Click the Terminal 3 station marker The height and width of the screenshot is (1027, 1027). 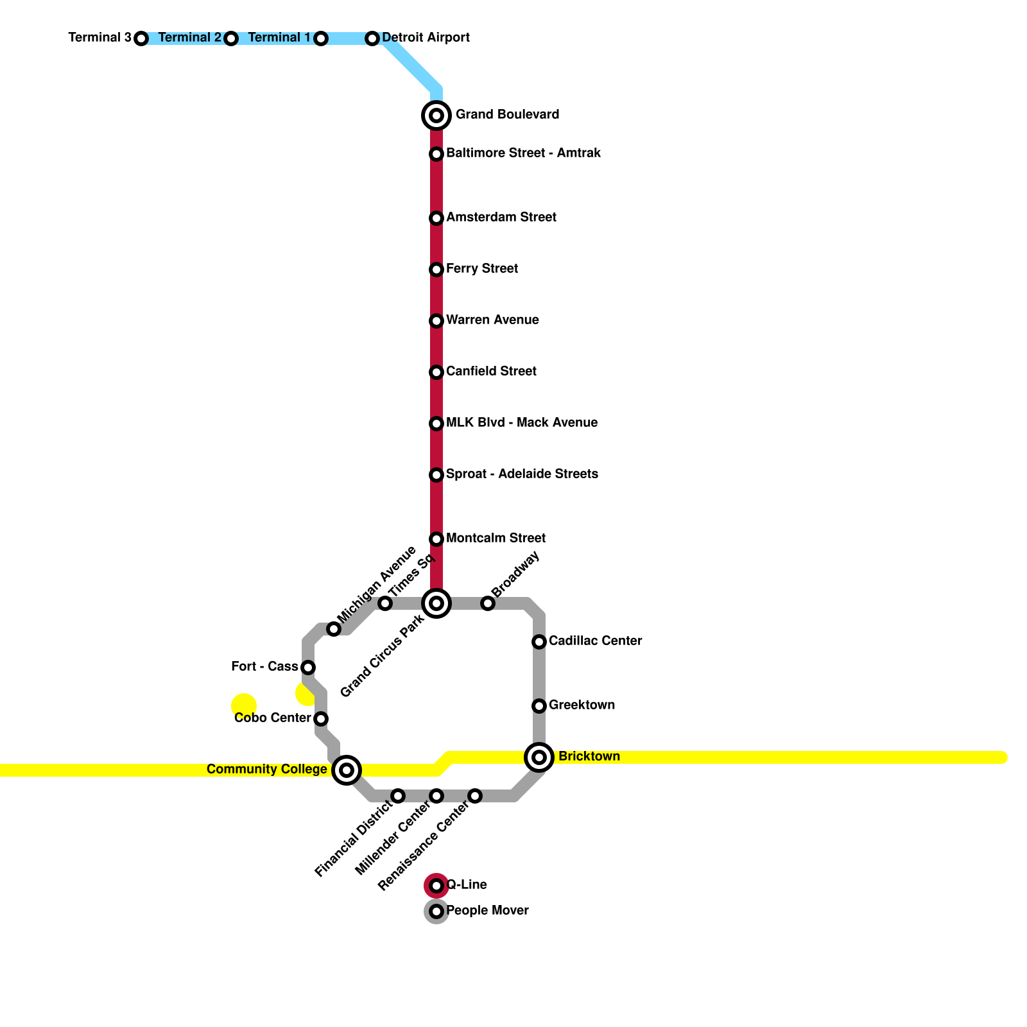click(x=141, y=39)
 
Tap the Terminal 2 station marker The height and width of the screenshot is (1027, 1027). click(x=231, y=39)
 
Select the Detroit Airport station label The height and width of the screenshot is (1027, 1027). click(x=426, y=38)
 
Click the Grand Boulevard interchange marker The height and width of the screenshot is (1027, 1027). click(x=436, y=116)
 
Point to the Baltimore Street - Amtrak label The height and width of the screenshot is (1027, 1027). click(x=523, y=153)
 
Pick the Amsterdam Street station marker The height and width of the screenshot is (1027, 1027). click(x=436, y=218)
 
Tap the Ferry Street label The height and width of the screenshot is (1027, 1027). click(x=481, y=269)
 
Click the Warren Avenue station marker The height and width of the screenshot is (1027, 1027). click(x=436, y=321)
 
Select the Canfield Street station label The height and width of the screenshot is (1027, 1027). click(x=491, y=372)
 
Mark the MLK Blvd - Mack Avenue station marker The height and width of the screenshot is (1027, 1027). click(x=436, y=424)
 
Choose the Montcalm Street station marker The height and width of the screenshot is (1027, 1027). click(x=436, y=539)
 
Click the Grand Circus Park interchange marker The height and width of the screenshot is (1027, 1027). click(x=436, y=603)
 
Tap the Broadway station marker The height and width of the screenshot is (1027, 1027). click(x=488, y=603)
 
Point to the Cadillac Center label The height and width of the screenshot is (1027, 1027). click(x=595, y=641)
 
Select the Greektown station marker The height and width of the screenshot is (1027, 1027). click(x=539, y=706)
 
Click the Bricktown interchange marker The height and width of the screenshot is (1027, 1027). click(x=539, y=757)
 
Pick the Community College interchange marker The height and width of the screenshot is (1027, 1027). click(x=347, y=770)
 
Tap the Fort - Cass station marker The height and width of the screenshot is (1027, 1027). click(x=308, y=668)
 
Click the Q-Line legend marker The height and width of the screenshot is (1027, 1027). click(x=436, y=886)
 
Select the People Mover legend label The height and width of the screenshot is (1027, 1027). click(x=487, y=911)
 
